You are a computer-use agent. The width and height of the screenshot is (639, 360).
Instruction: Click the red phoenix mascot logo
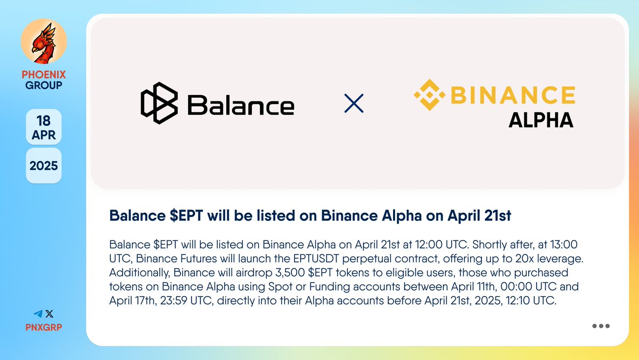43,42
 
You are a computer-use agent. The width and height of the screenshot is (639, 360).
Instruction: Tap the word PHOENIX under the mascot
44,75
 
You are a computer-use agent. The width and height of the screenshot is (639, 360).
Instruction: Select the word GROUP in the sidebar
44,85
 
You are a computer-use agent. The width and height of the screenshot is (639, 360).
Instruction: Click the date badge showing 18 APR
44,127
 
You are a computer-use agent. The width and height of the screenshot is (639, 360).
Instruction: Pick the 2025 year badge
44,165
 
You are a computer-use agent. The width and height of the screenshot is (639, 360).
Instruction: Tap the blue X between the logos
354,103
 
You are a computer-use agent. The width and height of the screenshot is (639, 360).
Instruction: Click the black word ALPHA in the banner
540,120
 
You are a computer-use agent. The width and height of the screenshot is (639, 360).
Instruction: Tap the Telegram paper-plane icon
37,315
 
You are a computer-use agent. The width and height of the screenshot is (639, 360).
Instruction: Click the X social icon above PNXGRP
50,315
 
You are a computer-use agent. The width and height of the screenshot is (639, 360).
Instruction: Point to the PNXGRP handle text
44,327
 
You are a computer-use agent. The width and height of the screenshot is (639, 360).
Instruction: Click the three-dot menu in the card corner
601,326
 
